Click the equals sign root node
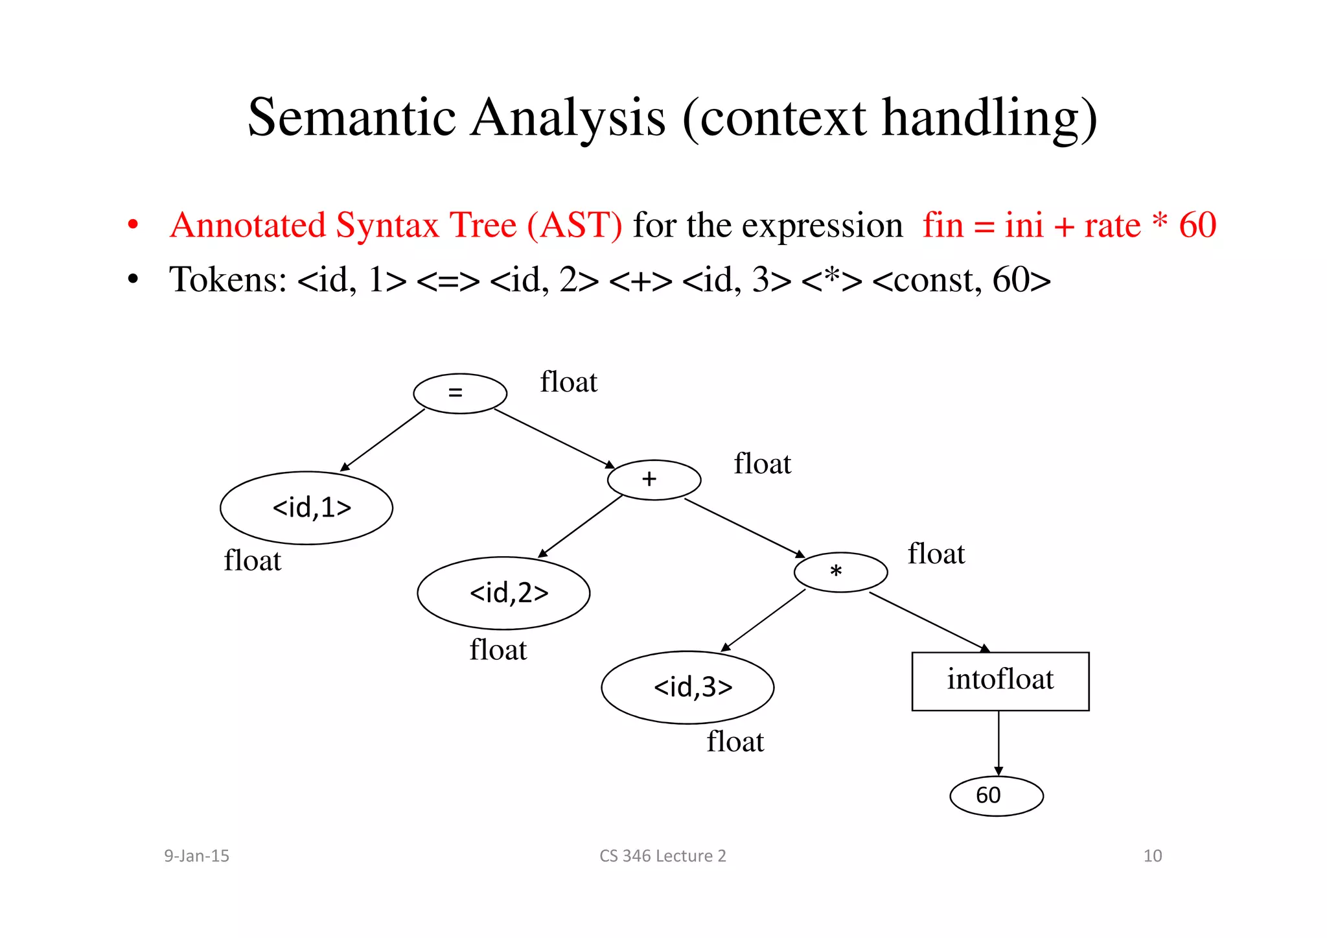point(459,393)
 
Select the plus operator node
point(654,480)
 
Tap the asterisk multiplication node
point(840,572)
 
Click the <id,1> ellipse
point(306,508)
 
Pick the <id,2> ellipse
point(503,593)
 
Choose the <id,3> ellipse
point(687,687)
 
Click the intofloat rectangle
point(1000,681)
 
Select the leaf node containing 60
point(996,796)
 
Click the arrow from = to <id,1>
point(382,441)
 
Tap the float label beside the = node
point(568,382)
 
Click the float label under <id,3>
point(735,742)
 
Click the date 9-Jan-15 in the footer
point(196,856)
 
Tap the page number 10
point(1152,856)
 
